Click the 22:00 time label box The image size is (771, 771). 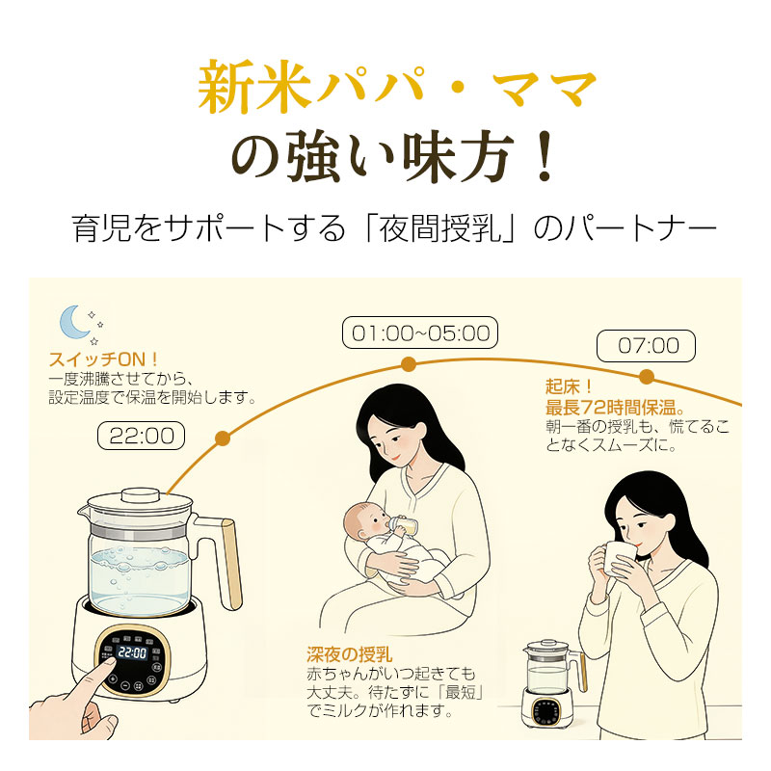(x=141, y=436)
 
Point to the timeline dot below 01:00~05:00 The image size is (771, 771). (x=409, y=363)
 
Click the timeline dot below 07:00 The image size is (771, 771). (x=646, y=376)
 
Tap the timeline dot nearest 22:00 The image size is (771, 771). (x=223, y=439)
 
